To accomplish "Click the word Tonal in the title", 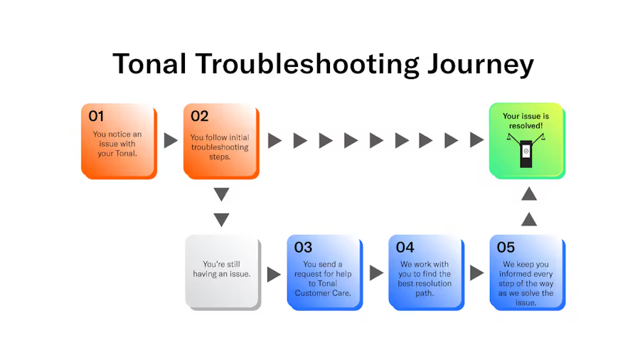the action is (149, 63).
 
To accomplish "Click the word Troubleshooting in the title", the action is (307, 65).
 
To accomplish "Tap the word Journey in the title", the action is (481, 65).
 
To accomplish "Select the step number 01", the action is (96, 117).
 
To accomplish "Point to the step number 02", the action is (200, 117).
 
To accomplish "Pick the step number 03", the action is (303, 248).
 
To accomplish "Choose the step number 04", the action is (405, 248).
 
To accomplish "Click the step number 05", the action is (506, 248).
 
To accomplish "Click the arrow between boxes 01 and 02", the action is (171, 140).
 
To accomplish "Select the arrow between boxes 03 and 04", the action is (376, 273).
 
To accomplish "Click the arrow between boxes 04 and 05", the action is (476, 273).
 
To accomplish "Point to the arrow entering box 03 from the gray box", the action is (274, 275).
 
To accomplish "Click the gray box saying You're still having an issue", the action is (223, 272).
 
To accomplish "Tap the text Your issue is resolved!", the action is (526, 121).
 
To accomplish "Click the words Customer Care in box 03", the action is (323, 293).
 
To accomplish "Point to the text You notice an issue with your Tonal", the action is (117, 144).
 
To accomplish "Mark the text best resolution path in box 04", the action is (425, 288).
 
